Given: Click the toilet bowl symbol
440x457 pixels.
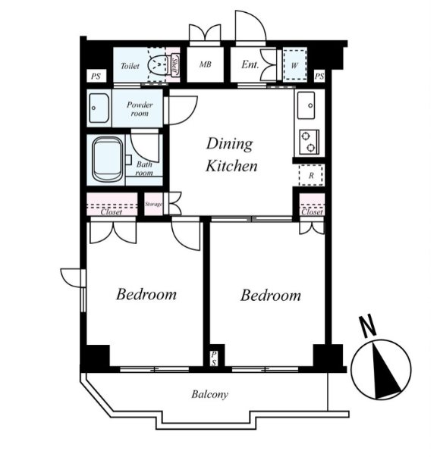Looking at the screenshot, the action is (157, 64).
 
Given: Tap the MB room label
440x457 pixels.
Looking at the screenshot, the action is (205, 64).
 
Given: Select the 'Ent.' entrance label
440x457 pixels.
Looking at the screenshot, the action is (250, 64).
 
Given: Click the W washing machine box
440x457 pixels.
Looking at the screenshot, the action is (294, 65).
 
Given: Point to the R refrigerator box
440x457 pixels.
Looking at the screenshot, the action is (311, 175).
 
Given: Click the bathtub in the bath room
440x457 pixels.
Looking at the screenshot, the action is (108, 159).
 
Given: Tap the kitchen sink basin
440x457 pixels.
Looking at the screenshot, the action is (306, 105).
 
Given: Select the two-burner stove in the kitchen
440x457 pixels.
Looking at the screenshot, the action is (310, 142).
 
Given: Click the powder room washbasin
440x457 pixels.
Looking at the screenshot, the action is (99, 108).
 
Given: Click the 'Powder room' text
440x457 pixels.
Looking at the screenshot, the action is (140, 108).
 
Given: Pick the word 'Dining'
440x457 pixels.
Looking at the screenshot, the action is (230, 144).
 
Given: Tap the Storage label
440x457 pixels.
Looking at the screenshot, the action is (153, 205).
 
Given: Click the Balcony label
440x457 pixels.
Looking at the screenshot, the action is (210, 394).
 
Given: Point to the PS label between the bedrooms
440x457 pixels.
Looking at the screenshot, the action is (214, 358).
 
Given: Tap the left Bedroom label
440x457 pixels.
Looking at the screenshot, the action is (146, 294).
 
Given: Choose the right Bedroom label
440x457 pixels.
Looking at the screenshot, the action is (271, 296).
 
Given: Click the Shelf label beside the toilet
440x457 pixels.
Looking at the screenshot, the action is (174, 65).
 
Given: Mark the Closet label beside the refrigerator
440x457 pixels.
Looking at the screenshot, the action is (312, 212).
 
